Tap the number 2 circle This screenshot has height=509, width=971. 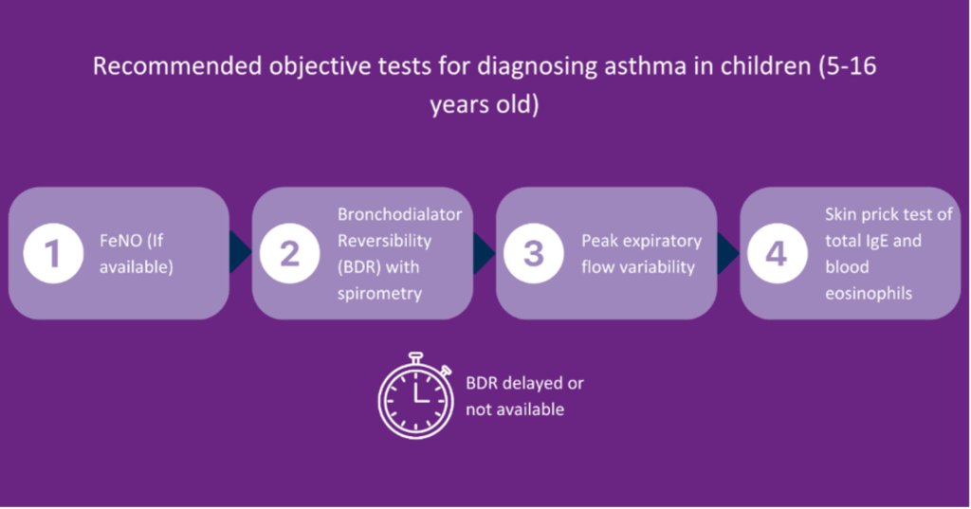(290, 254)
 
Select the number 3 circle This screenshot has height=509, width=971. (534, 254)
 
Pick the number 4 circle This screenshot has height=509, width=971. (778, 254)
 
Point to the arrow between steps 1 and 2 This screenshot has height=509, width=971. (239, 253)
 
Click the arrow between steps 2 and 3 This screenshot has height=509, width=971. (484, 253)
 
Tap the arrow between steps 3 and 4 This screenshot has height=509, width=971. (727, 253)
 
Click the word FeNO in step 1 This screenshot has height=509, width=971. (118, 241)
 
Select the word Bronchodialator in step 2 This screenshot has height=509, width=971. (400, 214)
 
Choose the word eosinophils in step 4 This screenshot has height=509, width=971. (869, 294)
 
